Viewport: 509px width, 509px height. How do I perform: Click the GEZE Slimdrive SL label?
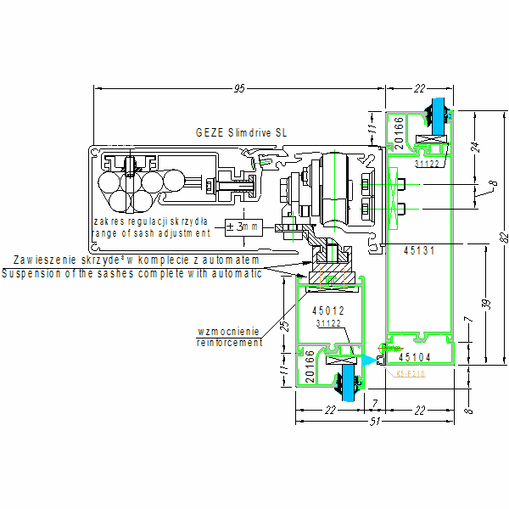pos(241,133)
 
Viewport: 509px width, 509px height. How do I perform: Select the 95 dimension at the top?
pos(239,88)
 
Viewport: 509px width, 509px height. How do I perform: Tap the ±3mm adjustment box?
pos(244,227)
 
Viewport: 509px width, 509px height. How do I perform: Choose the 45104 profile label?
pos(417,357)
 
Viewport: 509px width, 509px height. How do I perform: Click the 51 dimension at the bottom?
pos(373,421)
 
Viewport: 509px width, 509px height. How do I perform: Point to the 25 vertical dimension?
pos(285,326)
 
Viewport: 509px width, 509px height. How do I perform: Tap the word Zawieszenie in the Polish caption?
pos(37,260)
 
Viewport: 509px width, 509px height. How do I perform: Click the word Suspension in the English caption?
pos(31,272)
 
